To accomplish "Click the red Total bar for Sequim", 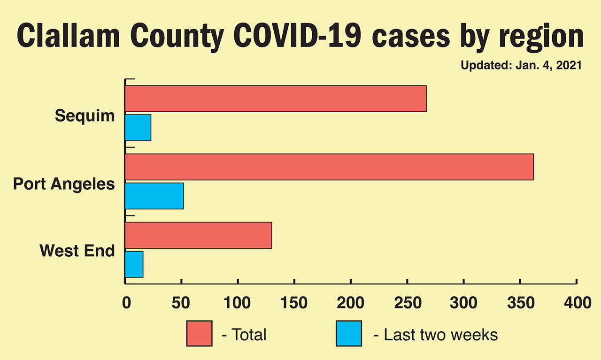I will (276, 99).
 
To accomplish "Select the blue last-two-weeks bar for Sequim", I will (138, 128).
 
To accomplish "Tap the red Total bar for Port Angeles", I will (329, 167).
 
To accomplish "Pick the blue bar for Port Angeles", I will (154, 196).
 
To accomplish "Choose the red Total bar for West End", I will (198, 235).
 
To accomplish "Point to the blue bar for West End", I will (134, 264).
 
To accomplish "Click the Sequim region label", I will (85, 115).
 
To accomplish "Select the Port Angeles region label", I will (64, 184).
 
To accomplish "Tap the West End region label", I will (77, 251).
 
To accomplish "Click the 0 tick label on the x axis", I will (126, 303).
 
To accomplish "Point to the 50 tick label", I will (182, 303).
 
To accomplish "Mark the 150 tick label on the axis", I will (294, 303).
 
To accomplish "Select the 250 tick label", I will (407, 303).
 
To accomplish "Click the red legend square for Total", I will (199, 333).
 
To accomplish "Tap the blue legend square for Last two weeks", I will (349, 333).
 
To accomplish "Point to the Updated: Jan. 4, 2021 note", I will (521, 65).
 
